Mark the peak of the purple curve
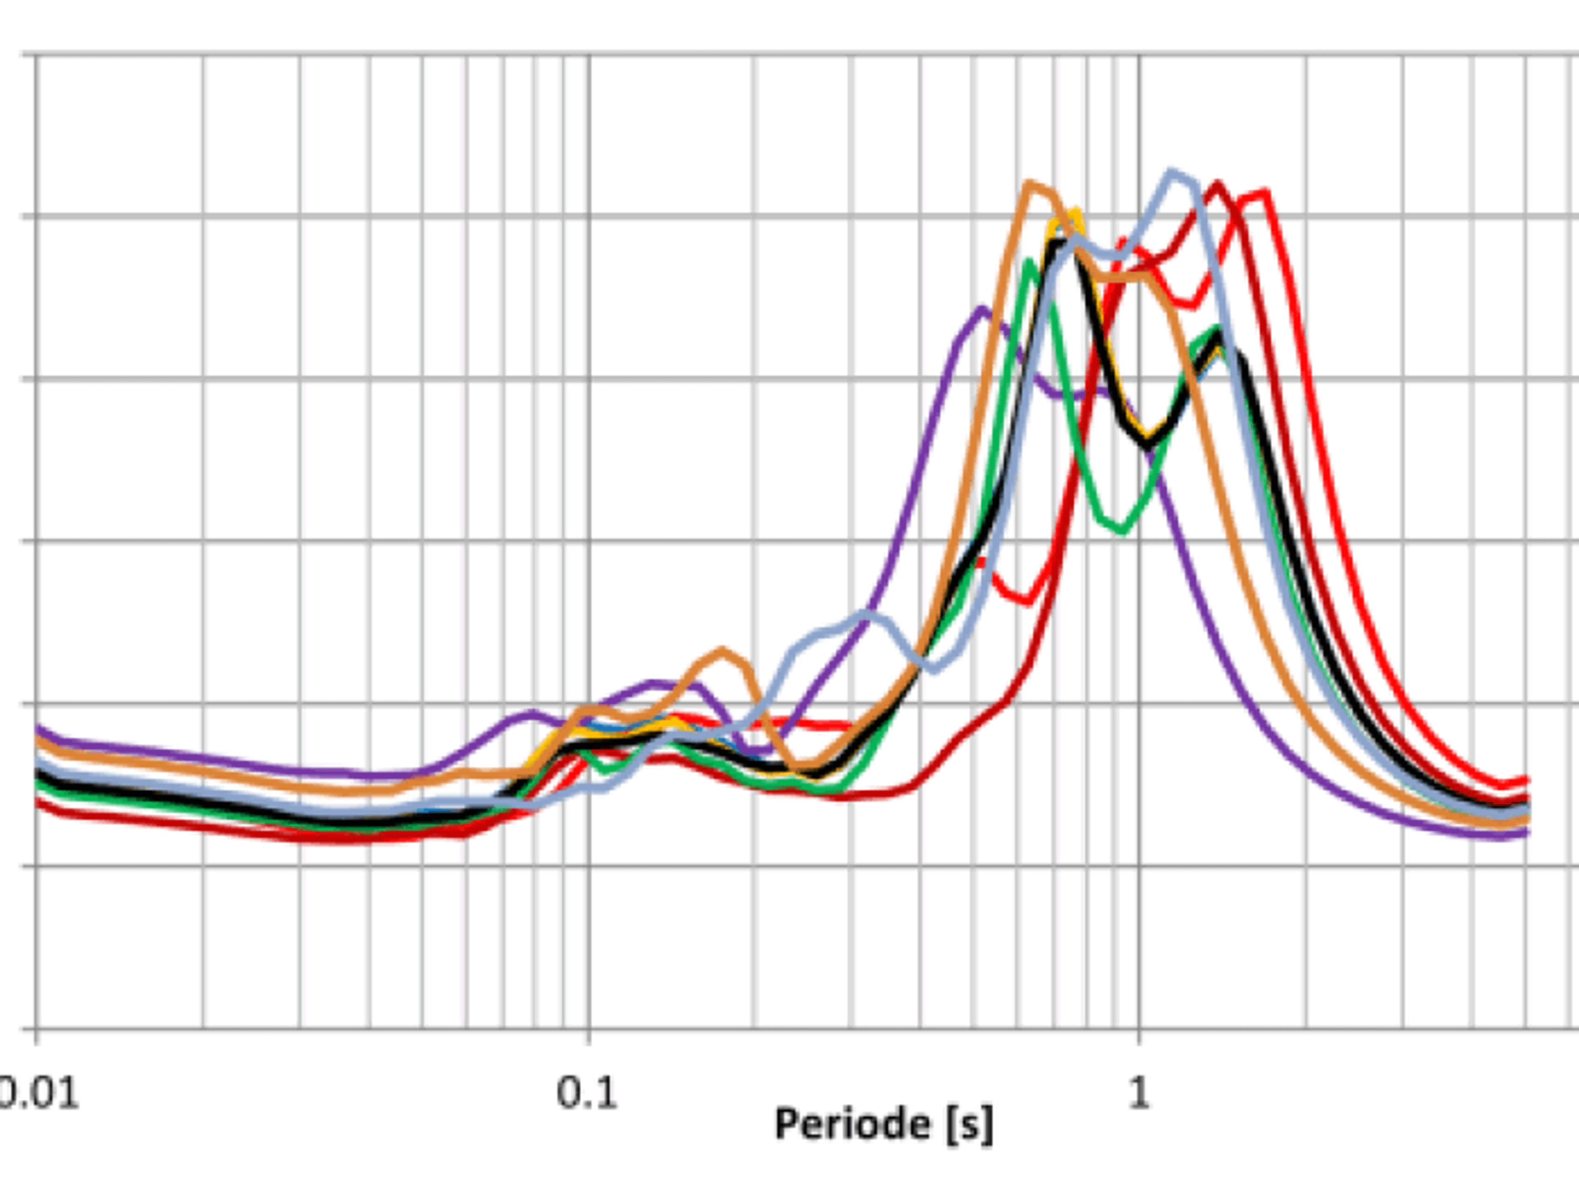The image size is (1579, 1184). click(983, 310)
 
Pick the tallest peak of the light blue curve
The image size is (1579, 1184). click(1172, 171)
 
